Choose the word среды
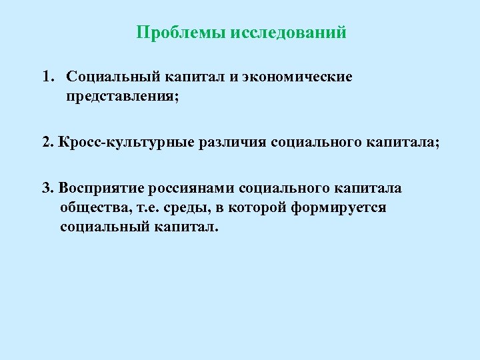point(181,207)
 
